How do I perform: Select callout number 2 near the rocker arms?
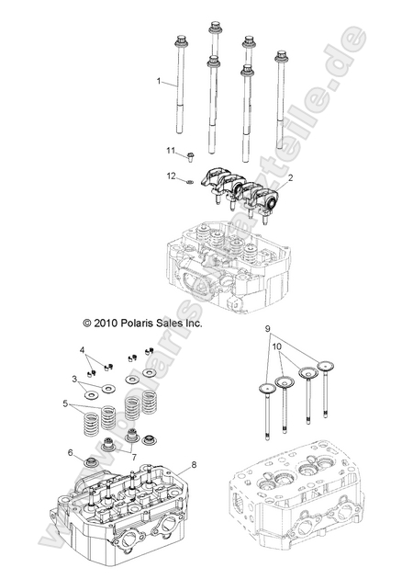(265, 176)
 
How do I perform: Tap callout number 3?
(74, 378)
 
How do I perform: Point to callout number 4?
(81, 350)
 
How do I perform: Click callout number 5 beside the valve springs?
(65, 403)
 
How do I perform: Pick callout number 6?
(70, 452)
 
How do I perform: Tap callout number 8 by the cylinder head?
(194, 466)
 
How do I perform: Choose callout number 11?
(170, 150)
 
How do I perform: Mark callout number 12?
(170, 175)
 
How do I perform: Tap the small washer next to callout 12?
(188, 180)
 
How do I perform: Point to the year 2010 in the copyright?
(106, 324)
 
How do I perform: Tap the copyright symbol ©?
(87, 324)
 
